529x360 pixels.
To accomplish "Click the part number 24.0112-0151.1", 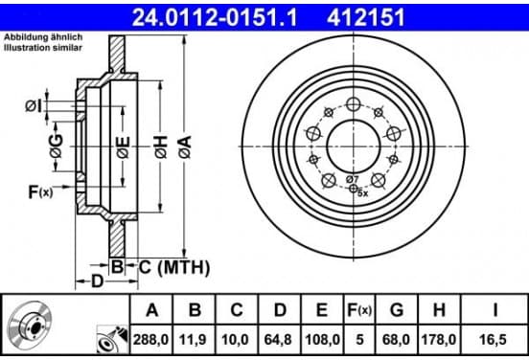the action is [x=215, y=17].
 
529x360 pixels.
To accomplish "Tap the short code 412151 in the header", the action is [x=366, y=17].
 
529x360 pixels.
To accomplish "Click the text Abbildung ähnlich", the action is [x=43, y=37].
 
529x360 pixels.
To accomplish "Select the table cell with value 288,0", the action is [x=150, y=340].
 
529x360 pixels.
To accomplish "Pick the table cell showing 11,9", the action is [x=194, y=340].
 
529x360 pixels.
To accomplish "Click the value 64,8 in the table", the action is [x=278, y=340].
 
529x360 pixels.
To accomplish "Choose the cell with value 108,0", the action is [x=322, y=340].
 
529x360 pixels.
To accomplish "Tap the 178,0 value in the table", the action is [x=439, y=340].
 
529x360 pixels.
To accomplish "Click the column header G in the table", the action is [x=397, y=309].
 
